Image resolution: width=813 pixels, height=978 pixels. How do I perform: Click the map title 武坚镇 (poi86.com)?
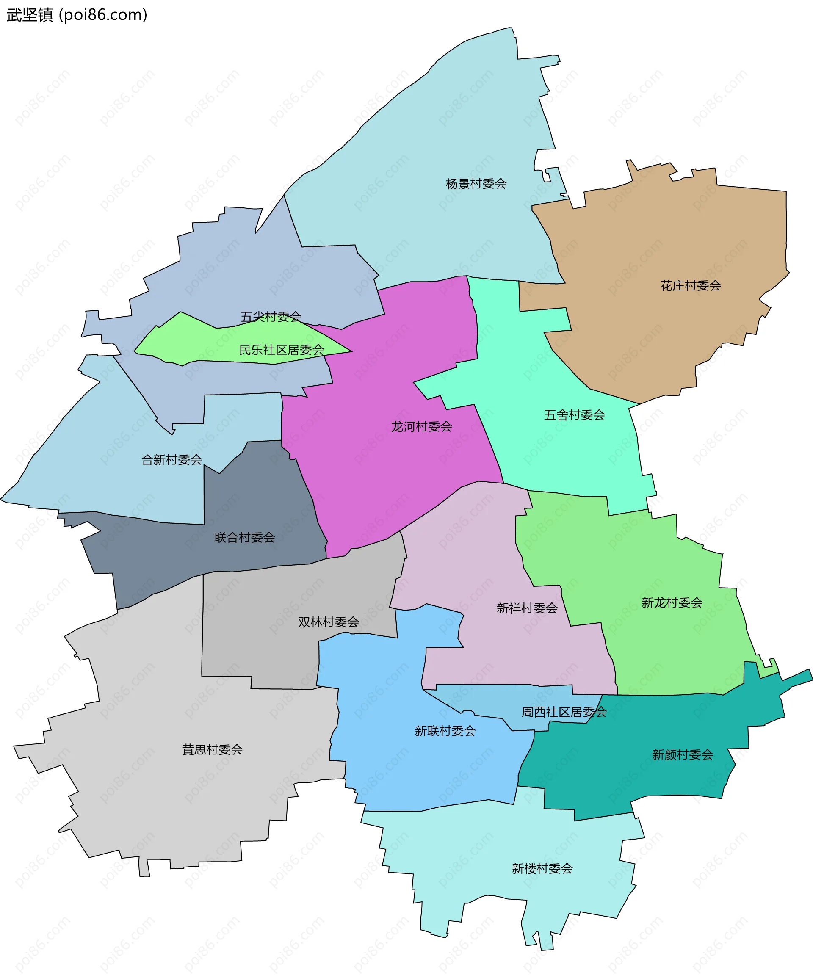tap(77, 15)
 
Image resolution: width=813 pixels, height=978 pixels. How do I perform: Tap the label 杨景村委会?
tap(476, 184)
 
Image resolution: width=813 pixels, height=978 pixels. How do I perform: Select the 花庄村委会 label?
tap(690, 286)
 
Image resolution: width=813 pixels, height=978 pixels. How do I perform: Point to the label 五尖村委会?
tap(271, 317)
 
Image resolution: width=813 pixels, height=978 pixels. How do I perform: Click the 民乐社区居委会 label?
tap(282, 350)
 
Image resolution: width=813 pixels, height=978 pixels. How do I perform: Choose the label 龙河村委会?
tap(421, 427)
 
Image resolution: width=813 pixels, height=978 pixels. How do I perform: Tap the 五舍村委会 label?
tap(574, 415)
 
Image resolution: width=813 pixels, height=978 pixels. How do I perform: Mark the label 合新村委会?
tap(171, 460)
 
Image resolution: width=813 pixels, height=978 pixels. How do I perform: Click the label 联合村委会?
tap(245, 537)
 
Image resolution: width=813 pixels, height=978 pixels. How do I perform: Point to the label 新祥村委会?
tap(526, 608)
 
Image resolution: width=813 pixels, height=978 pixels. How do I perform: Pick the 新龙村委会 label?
tap(672, 602)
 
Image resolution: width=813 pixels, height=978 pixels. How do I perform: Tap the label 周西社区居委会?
tap(564, 712)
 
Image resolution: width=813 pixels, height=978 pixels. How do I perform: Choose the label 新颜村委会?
tap(682, 755)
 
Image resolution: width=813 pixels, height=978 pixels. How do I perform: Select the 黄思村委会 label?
tap(212, 750)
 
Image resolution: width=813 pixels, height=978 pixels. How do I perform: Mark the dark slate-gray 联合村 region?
tap(261, 494)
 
